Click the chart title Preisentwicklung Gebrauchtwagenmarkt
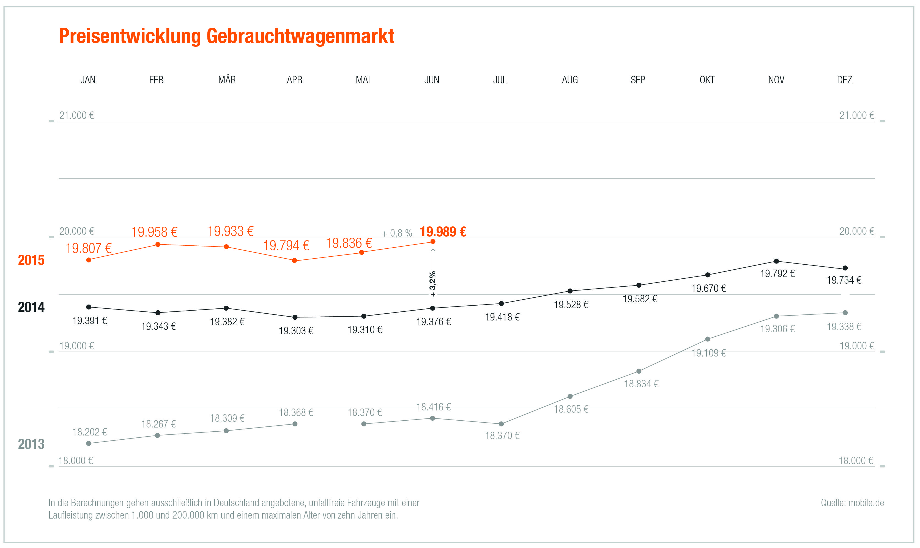pos(226,37)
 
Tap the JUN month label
pos(432,80)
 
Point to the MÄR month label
pos(227,80)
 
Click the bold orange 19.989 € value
pos(443,232)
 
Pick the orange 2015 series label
pos(31,260)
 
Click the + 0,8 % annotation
pos(396,233)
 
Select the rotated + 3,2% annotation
pos(433,284)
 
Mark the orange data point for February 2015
pos(158,245)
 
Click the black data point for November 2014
pos(776,261)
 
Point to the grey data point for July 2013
pos(501,424)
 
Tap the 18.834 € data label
pos(641,384)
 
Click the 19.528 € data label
pos(571,305)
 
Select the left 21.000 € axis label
pos(76,116)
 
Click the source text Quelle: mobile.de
pos(852,503)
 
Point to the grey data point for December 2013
pos(845,313)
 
